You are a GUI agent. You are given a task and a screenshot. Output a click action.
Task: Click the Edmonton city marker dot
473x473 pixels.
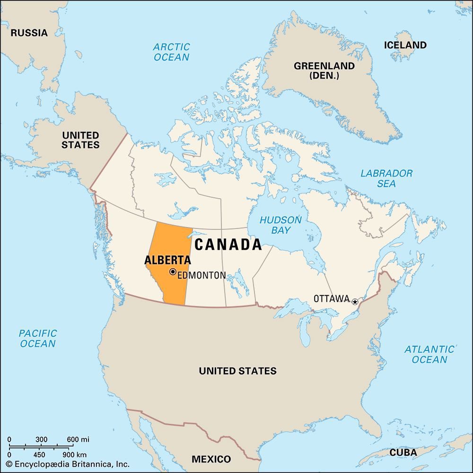[173, 272]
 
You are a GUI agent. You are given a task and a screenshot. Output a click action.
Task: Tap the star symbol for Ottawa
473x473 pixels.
[355, 301]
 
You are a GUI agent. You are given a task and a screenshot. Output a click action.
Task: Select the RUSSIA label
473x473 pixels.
[29, 33]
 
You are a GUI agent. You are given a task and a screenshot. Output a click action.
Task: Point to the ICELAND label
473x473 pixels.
[405, 45]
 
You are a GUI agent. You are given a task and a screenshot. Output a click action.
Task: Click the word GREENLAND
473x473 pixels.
[324, 66]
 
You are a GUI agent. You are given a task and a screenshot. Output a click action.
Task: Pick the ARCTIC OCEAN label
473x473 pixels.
[171, 52]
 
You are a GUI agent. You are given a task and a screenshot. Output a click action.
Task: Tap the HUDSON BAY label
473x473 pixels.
[280, 225]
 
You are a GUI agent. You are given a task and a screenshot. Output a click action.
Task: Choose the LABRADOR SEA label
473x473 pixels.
[386, 178]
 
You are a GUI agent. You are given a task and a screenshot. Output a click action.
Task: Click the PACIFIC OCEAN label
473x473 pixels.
[38, 339]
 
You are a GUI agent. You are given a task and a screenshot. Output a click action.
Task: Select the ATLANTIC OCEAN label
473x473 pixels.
[429, 354]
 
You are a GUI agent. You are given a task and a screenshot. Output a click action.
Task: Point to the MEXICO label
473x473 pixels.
[211, 459]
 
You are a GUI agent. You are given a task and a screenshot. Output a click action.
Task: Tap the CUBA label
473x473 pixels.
[403, 453]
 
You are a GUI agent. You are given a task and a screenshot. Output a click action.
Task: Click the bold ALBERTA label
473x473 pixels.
[167, 260]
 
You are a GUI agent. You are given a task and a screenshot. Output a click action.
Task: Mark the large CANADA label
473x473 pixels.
[228, 245]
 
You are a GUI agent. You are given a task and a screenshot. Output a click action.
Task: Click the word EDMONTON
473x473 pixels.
[201, 275]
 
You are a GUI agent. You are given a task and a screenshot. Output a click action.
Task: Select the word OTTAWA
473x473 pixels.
[332, 299]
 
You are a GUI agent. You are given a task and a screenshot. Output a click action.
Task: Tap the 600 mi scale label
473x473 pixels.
[78, 439]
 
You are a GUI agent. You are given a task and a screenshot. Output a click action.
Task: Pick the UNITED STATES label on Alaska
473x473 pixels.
[80, 140]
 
